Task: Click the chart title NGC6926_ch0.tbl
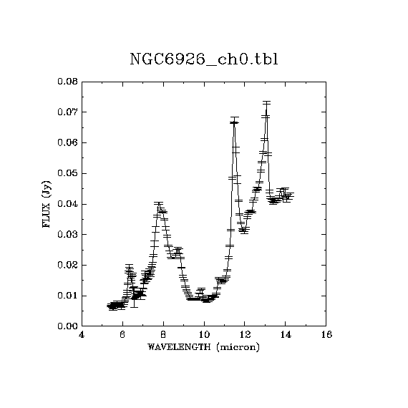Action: click(204, 59)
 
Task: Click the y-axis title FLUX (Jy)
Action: click(47, 204)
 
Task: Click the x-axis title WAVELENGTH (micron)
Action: click(203, 347)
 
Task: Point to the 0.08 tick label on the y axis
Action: click(68, 82)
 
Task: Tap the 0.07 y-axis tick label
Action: click(68, 112)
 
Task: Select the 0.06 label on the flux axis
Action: click(68, 143)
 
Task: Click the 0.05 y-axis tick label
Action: click(68, 173)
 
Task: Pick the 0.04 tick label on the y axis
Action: click(68, 204)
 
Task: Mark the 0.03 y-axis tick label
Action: click(68, 235)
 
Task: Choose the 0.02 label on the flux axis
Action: click(68, 265)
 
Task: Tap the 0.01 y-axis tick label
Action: click(68, 296)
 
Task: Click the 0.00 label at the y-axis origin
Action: click(68, 326)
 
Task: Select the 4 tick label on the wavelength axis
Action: click(82, 334)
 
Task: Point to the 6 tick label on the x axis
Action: click(122, 334)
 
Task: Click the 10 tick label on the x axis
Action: click(204, 334)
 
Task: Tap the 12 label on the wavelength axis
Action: click(245, 334)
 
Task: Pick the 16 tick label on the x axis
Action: click(326, 334)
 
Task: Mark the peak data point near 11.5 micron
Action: click(235, 122)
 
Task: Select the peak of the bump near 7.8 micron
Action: click(158, 203)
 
